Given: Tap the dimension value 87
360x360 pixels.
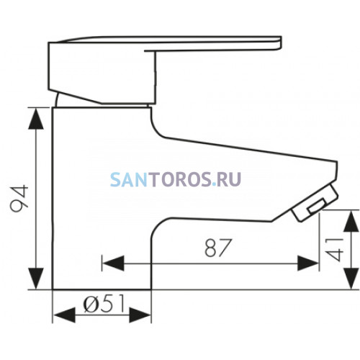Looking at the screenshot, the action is tap(218, 248).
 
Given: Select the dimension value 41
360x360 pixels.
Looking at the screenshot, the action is tap(334, 250).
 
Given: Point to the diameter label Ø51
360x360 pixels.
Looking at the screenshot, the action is tap(104, 304).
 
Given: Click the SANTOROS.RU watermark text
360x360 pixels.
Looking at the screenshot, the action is tap(176, 179).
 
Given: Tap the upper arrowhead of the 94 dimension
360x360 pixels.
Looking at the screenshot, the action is tap(36, 119).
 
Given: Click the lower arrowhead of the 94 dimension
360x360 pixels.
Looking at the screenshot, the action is tap(36, 279).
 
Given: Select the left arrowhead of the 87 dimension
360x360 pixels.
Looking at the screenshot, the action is tap(113, 264).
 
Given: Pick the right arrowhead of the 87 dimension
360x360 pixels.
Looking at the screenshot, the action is tap(307, 264).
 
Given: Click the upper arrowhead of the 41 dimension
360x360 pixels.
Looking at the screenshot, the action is tap(351, 221).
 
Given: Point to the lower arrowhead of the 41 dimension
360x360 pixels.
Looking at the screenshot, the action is tap(351, 279).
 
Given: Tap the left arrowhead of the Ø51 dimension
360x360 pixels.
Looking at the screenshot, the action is tap(64, 315).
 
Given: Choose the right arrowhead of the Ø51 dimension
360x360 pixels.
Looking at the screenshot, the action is tap(140, 315).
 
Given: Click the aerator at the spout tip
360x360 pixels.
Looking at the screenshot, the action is tap(315, 203).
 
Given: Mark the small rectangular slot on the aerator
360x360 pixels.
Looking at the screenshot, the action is tap(318, 206).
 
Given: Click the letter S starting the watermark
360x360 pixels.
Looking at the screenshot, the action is tap(115, 179).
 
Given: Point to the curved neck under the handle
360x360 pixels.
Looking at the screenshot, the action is tap(57, 99).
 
